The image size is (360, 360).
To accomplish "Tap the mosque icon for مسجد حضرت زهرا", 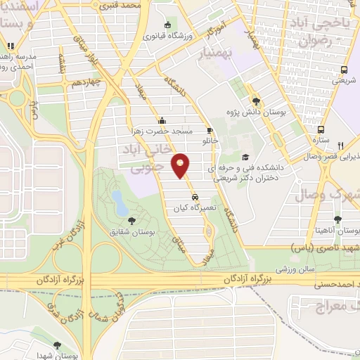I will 162,120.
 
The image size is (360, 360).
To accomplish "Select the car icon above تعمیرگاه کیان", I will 195,198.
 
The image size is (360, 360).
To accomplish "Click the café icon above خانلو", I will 209,130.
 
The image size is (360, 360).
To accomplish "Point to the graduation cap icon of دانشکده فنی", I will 245,157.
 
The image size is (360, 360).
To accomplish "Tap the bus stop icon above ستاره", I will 321,130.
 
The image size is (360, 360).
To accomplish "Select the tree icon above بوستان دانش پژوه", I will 257,100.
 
